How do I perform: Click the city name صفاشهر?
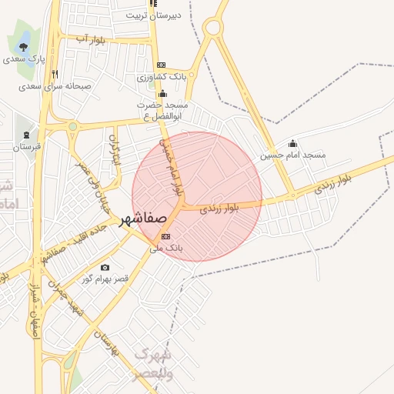tap(144, 219)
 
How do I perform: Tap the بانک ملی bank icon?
tap(167, 236)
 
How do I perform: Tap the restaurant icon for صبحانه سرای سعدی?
tap(55, 75)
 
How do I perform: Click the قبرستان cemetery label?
tap(26, 145)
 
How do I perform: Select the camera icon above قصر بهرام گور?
tap(105, 267)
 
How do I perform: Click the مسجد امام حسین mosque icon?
tap(292, 143)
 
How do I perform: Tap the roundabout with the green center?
tap(72, 126)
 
